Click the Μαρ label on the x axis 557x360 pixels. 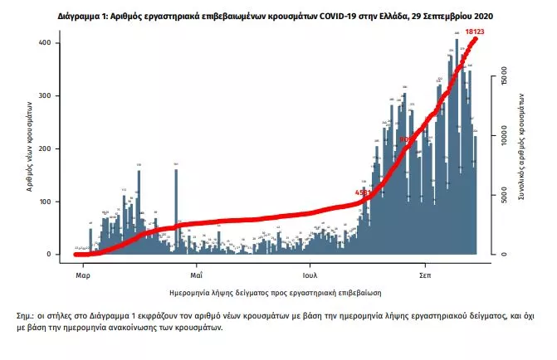click(82, 271)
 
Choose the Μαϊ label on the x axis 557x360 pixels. click(196, 271)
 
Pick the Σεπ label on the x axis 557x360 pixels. click(423, 271)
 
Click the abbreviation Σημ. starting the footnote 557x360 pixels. click(26, 316)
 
